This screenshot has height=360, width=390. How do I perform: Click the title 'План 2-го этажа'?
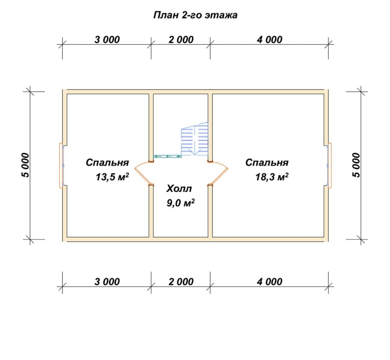coord(195,15)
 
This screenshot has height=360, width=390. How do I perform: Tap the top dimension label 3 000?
coord(107,40)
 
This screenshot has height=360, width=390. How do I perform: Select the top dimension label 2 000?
coord(181,40)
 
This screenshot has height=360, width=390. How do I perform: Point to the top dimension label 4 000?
coord(270,40)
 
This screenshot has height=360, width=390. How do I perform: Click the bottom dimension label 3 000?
coord(107,282)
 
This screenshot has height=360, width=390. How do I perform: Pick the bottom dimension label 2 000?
coord(181,282)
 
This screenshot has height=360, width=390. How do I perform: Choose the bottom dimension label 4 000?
coord(270,282)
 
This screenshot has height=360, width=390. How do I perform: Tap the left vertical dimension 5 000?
coord(26,165)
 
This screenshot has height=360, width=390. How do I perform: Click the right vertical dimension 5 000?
coord(356,165)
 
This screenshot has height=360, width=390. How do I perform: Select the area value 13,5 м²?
coord(112,177)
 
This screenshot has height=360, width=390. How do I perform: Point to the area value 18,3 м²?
coord(272,177)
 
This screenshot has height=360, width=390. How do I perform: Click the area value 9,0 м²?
coord(181,203)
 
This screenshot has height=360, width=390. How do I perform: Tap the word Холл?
coord(179,189)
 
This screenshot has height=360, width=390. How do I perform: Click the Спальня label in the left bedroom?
coord(107,162)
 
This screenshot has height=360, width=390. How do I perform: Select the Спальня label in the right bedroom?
coord(267,162)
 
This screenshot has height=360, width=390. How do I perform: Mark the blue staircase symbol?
coord(195,139)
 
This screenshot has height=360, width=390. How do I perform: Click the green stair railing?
coord(167,156)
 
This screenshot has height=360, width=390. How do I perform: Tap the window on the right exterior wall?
coord(329,165)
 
